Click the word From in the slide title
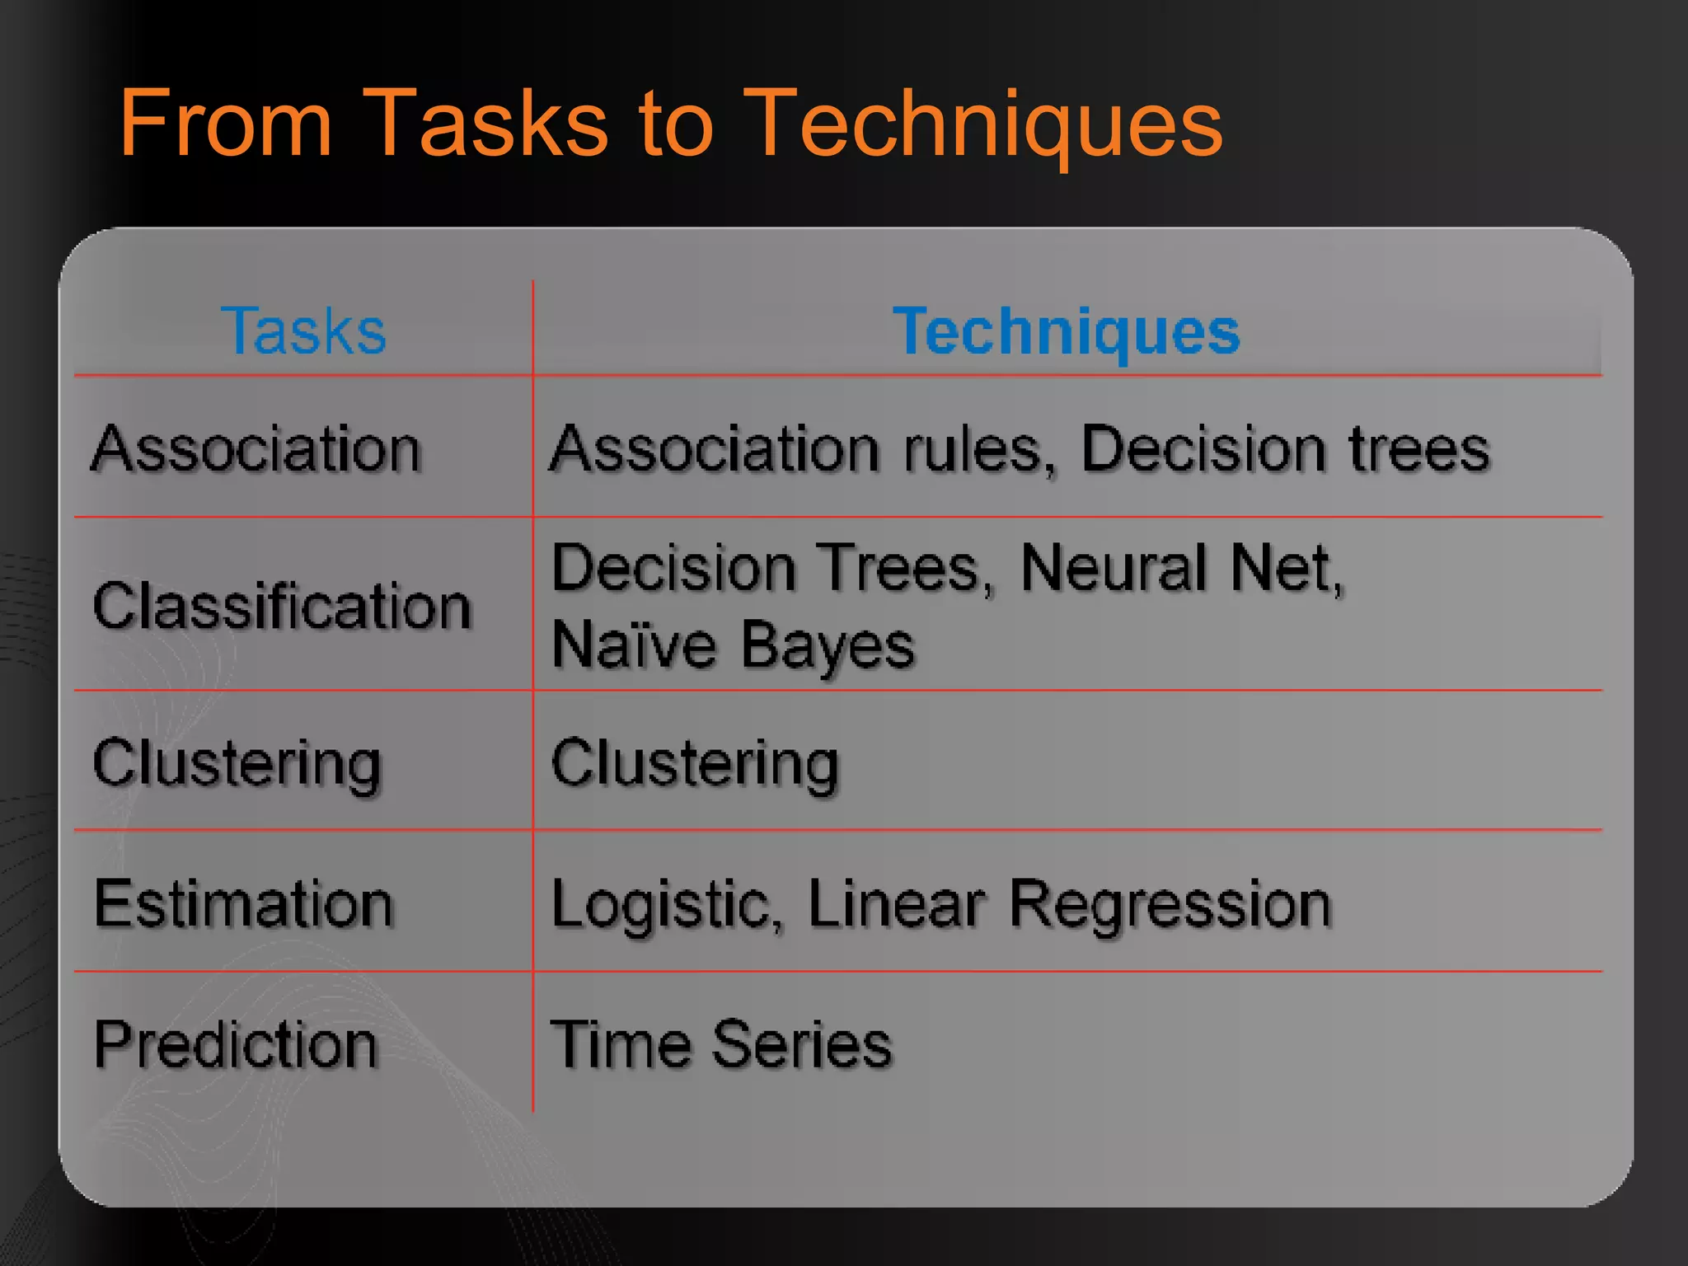tap(225, 124)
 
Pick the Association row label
tap(256, 449)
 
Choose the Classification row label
tap(282, 606)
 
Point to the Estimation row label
tap(244, 904)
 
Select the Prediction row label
tap(236, 1045)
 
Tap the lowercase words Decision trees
tap(1285, 449)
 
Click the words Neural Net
tap(1182, 569)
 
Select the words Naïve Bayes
tap(733, 645)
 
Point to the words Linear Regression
tap(1069, 905)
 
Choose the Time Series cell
tap(721, 1045)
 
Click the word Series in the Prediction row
tap(802, 1045)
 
